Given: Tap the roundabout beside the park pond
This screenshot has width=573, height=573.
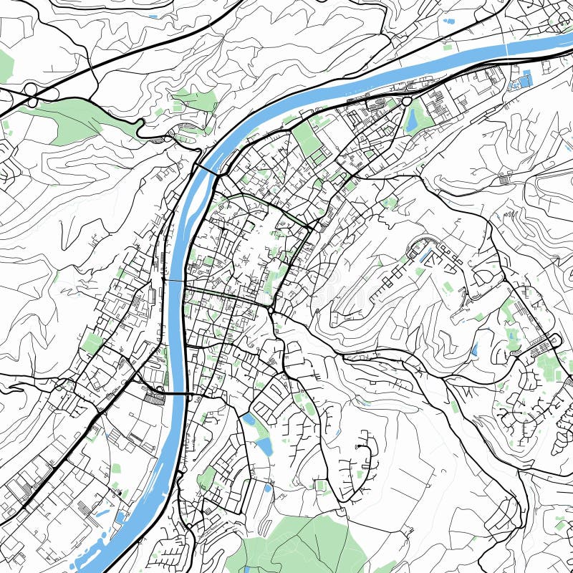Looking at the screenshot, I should pos(407,102).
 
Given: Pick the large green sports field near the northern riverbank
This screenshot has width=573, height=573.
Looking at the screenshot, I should pos(307,140).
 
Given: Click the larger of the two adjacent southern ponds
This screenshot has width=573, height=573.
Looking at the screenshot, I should pos(264,446).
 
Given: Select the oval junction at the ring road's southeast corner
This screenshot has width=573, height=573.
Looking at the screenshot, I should pos(274,309).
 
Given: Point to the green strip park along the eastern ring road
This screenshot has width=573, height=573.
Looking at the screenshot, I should pos(301,251).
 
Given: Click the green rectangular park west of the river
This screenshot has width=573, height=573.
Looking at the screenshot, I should pos(92,342).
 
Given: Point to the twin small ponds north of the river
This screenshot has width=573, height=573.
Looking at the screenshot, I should pos(450,21).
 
